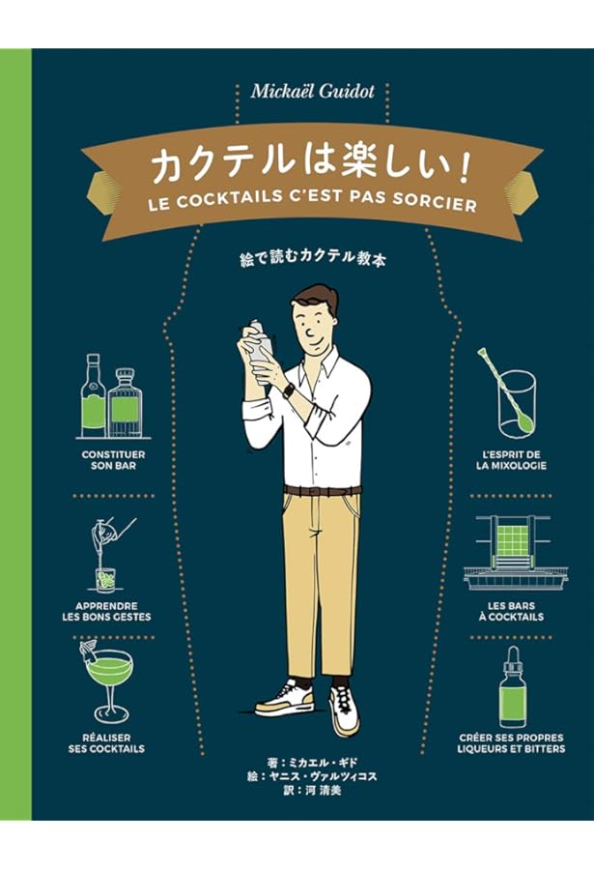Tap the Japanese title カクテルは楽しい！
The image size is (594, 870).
[x=310, y=165]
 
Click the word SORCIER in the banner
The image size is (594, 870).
[x=433, y=205]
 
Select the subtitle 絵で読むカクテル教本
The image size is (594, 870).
[x=311, y=261]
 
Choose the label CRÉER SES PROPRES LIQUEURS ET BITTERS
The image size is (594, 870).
[x=511, y=742]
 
